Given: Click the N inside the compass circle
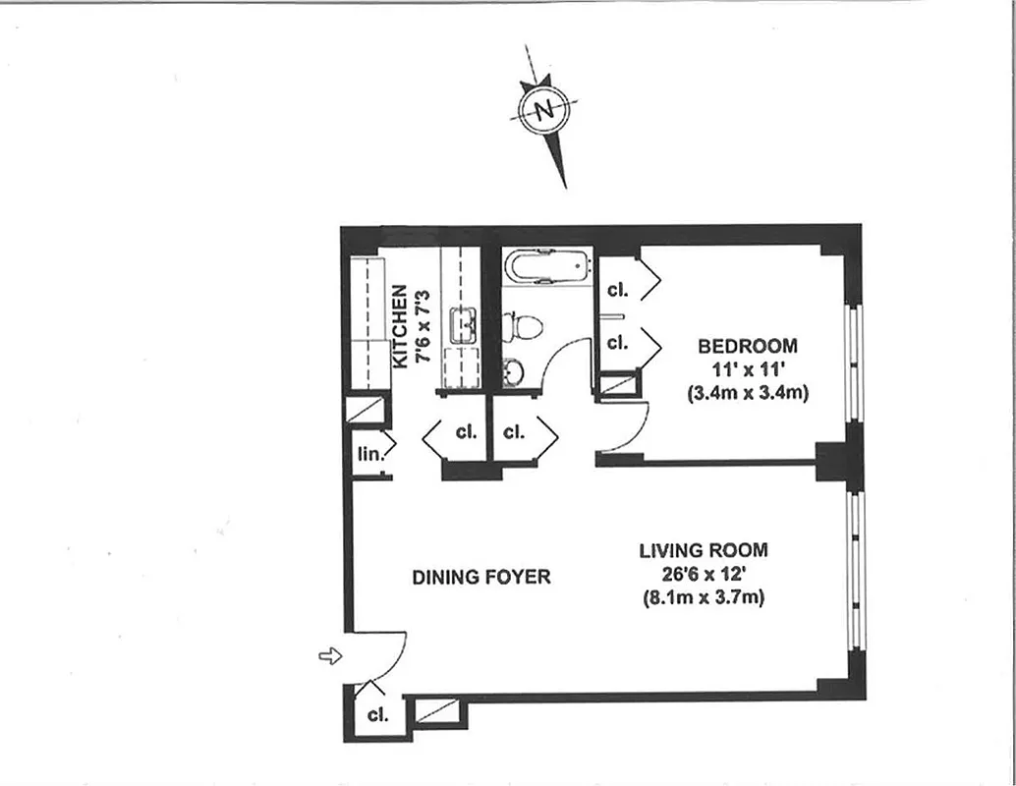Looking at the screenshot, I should tap(543, 109).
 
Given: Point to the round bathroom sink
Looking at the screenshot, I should tap(514, 371).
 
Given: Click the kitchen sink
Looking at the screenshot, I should tap(463, 325).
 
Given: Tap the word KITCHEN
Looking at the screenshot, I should tap(400, 326).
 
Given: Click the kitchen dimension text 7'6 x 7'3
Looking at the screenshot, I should tap(423, 326).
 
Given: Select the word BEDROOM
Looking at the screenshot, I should tap(748, 346).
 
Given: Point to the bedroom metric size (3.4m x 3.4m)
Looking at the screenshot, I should tap(749, 393).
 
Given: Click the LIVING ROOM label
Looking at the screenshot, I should tap(703, 550).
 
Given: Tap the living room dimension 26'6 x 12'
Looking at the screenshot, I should tap(703, 573).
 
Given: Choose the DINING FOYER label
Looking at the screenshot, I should tap(480, 577).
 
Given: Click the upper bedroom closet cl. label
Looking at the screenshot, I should tap(617, 290).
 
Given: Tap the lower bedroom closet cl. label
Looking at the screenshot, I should tap(617, 343).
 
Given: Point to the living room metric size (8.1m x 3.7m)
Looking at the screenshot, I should tap(703, 596).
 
